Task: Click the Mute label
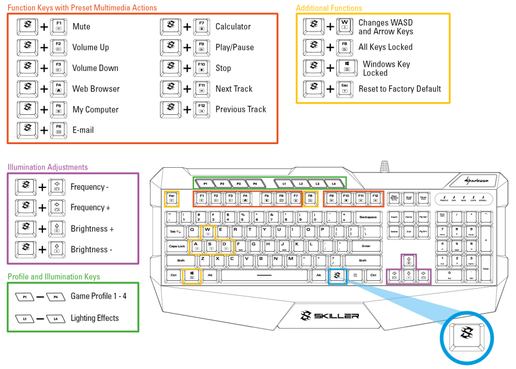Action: coord(82,27)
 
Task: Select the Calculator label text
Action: coord(233,27)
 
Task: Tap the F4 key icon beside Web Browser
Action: coord(58,89)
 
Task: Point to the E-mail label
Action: coord(83,130)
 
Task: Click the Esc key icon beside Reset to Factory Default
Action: coord(344,89)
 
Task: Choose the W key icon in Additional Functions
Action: coord(344,26)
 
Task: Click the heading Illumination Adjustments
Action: coord(48,167)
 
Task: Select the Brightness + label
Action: coord(92,229)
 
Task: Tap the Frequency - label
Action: coord(90,187)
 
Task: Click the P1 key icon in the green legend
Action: coord(25,296)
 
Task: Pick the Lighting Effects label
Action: coord(95,318)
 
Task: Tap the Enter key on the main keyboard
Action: coord(365,245)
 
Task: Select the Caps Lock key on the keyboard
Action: coord(177,245)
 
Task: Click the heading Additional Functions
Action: coord(329,8)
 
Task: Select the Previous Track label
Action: coord(240,109)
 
